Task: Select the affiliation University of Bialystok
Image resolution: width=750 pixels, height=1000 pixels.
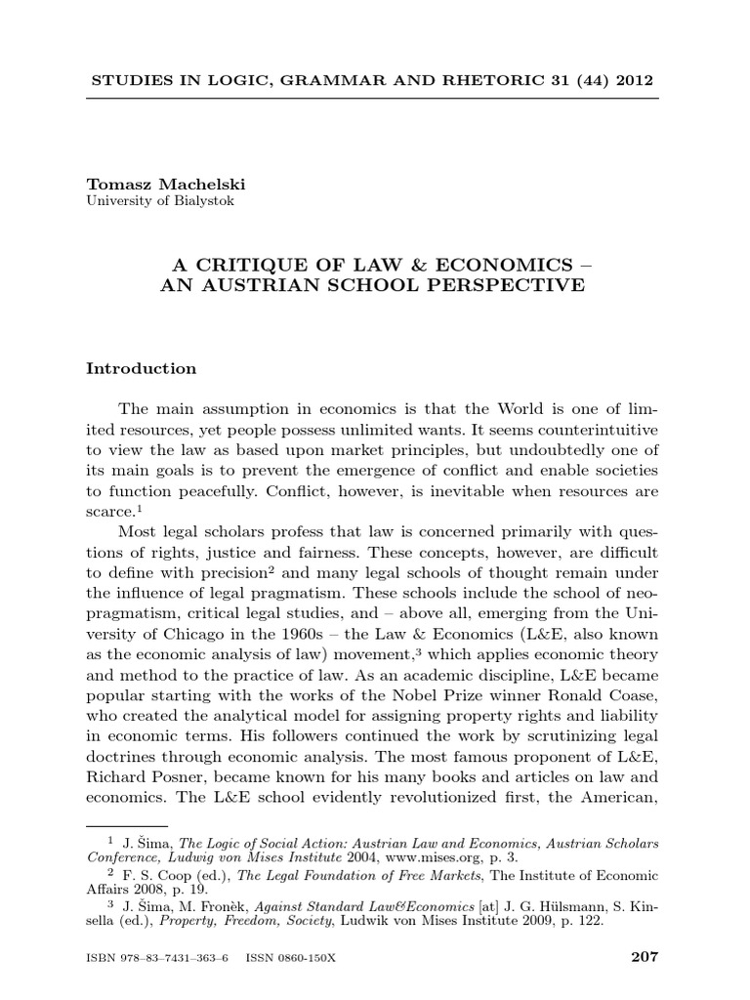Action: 160,202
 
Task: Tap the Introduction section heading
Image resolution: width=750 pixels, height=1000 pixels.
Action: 142,369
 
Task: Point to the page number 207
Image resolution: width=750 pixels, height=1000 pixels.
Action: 645,958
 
